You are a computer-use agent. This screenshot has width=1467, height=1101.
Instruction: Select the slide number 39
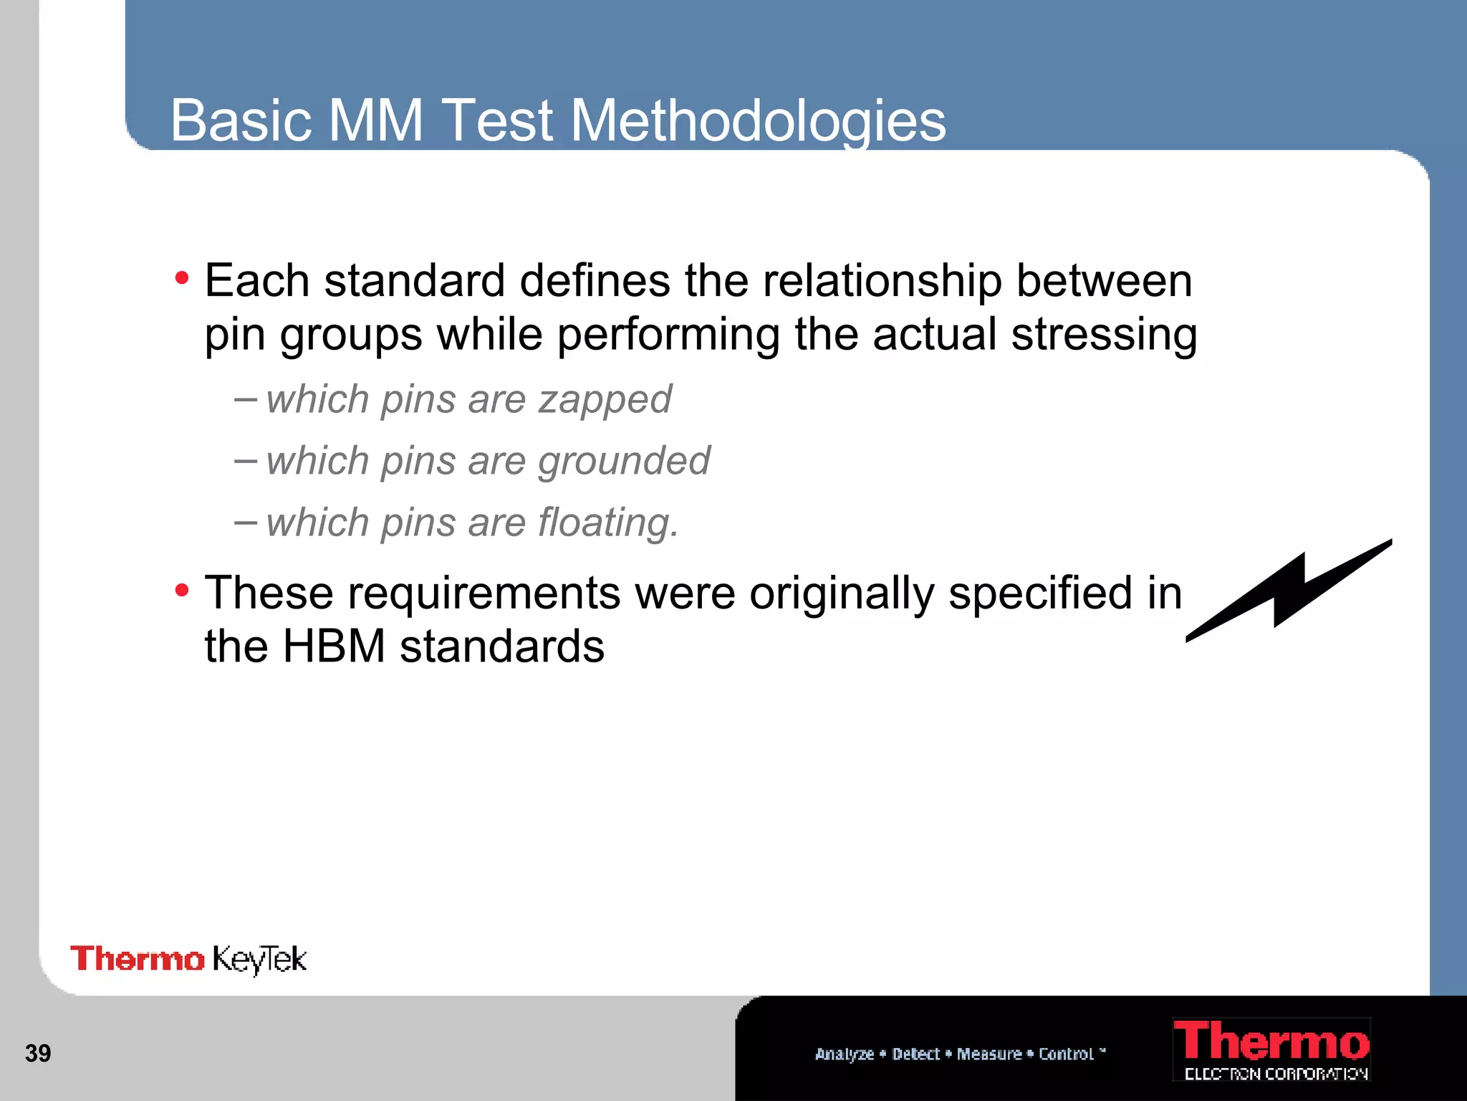pyautogui.click(x=38, y=1053)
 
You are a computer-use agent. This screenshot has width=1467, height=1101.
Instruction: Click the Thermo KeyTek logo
pyautogui.click(x=188, y=959)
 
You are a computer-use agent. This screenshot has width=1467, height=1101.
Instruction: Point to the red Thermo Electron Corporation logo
pyautogui.click(x=1271, y=1049)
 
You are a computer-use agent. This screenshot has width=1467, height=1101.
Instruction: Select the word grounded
pyautogui.click(x=624, y=460)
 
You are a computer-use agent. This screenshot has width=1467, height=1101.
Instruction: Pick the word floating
pyautogui.click(x=607, y=522)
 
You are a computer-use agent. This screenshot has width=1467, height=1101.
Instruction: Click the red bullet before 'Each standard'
pyautogui.click(x=182, y=277)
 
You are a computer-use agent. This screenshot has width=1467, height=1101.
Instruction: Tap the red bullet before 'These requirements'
pyautogui.click(x=182, y=591)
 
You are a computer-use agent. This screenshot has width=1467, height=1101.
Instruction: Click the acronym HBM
pyautogui.click(x=334, y=646)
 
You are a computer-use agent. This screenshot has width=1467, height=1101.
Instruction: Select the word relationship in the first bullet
pyautogui.click(x=882, y=281)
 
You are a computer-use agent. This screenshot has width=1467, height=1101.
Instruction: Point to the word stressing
pyautogui.click(x=1104, y=335)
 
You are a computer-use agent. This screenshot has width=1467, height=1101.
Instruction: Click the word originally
pyautogui.click(x=842, y=594)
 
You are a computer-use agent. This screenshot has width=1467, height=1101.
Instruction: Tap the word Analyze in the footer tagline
pyautogui.click(x=844, y=1054)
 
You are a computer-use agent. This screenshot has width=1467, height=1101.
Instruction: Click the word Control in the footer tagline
pyautogui.click(x=1066, y=1054)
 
